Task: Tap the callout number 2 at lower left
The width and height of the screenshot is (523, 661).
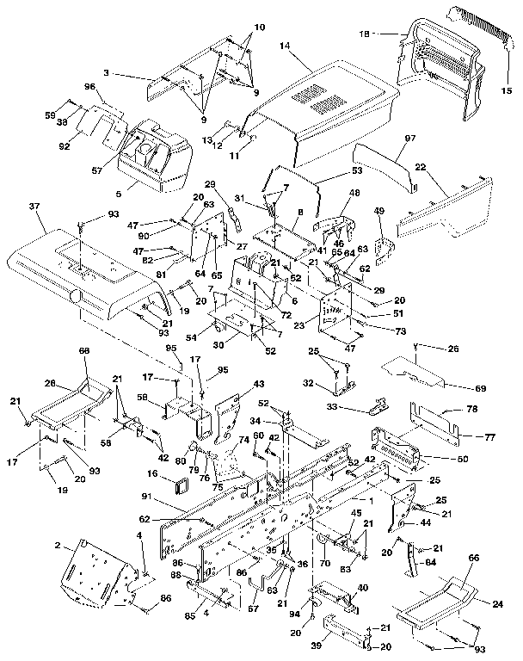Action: click(58, 545)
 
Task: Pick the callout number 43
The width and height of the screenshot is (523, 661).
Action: click(258, 384)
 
